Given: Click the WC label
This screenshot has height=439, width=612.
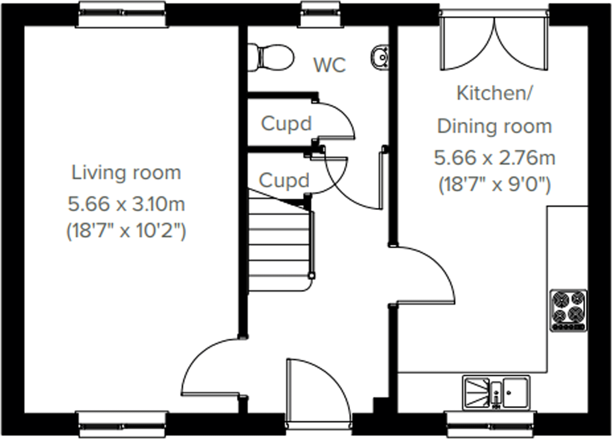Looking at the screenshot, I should coord(330,65).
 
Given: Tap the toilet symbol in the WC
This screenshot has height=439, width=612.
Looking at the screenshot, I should coord(271,57).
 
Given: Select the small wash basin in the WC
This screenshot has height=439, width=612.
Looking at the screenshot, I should coord(380,57).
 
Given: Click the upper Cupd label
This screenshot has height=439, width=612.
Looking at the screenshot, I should coord(286,124).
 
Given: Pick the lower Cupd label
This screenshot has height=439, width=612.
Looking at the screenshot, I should coord(284,181).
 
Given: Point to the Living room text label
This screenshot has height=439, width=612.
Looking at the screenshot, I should coord(126,173).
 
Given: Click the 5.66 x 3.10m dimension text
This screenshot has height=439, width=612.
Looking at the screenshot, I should coord(126,204).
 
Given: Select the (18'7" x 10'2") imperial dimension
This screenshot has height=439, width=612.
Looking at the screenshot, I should coord(126,231).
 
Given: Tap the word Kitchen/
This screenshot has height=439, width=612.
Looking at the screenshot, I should coord(494,93).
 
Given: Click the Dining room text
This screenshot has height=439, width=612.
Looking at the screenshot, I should coord(494,127).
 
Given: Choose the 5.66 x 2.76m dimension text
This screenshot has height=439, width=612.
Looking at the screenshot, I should coord(494,158).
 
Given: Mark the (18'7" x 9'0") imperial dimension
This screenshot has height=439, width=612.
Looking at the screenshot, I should coord(494,184).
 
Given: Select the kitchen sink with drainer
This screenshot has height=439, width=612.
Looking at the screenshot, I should coord(496,392).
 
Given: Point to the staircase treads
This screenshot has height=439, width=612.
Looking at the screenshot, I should coord(279,244).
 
